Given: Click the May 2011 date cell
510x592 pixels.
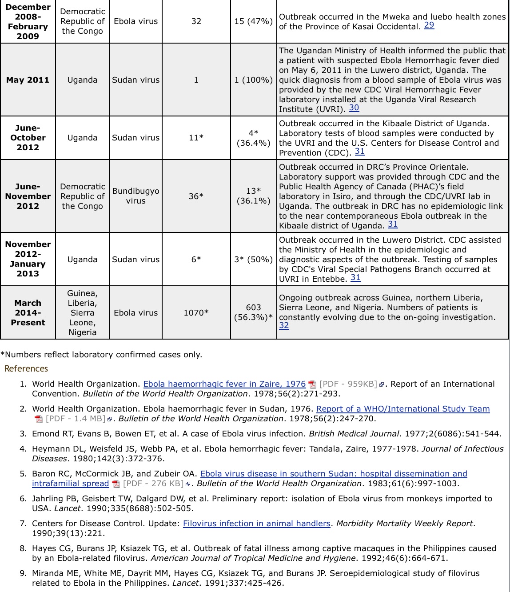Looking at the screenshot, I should click(x=28, y=80).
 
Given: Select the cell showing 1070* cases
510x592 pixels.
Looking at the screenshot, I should click(x=196, y=313).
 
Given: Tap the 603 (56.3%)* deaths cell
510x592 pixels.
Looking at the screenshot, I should click(x=253, y=312).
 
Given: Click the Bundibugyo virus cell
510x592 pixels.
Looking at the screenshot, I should click(x=135, y=196).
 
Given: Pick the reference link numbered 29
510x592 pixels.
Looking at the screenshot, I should click(x=429, y=25).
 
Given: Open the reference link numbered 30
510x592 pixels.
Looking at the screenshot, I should click(x=354, y=108).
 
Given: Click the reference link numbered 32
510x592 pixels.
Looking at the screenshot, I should click(x=284, y=326).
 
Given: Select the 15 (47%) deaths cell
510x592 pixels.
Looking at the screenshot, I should click(x=253, y=21).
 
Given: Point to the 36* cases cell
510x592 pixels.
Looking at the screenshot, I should click(x=196, y=196).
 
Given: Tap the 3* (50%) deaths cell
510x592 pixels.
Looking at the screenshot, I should click(x=253, y=260).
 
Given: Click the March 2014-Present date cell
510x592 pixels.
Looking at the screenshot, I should click(x=28, y=313).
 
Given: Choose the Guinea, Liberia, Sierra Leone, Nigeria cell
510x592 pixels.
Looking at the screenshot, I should click(x=82, y=313).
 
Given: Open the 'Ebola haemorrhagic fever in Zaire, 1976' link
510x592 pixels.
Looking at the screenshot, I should click(x=224, y=384).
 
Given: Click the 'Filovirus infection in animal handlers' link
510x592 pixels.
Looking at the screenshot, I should click(x=256, y=524).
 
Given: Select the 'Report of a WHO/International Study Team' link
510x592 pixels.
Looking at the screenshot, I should click(x=403, y=409).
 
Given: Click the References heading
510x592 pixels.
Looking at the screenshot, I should click(x=26, y=368).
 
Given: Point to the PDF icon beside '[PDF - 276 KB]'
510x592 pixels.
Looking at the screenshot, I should click(x=116, y=484).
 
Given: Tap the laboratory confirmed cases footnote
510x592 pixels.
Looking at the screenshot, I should click(x=101, y=355).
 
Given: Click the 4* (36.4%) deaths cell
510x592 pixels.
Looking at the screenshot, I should click(x=253, y=138).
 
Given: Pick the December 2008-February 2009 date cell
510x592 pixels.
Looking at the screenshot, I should click(x=28, y=21).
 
